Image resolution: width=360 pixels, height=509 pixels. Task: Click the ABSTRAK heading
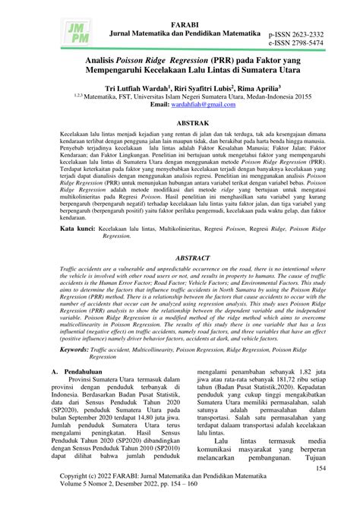click(x=180, y=121)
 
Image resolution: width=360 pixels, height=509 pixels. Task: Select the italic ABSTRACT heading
click(x=180, y=258)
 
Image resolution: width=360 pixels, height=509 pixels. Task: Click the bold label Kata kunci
click(x=79, y=227)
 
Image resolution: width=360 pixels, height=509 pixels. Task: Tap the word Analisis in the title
click(x=82, y=58)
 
